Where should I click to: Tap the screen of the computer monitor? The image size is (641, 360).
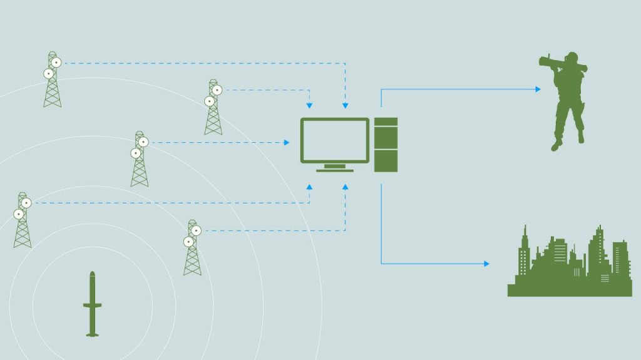tap(335, 141)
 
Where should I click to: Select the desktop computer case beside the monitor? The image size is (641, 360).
tap(386, 145)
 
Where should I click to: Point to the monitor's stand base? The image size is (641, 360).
tap(335, 170)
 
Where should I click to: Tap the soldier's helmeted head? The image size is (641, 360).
tap(570, 58)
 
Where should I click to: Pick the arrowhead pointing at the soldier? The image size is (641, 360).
tap(538, 89)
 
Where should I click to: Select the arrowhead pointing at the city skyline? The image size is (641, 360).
tap(486, 264)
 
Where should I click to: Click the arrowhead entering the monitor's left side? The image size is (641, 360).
tap(287, 143)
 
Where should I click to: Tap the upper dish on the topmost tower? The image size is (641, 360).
tap(56, 62)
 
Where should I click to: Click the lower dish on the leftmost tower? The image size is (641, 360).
tap(19, 214)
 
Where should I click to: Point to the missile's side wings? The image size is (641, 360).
tap(93, 305)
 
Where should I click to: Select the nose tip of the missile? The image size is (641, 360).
tap(93, 272)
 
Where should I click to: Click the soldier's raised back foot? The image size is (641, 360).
tap(580, 137)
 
